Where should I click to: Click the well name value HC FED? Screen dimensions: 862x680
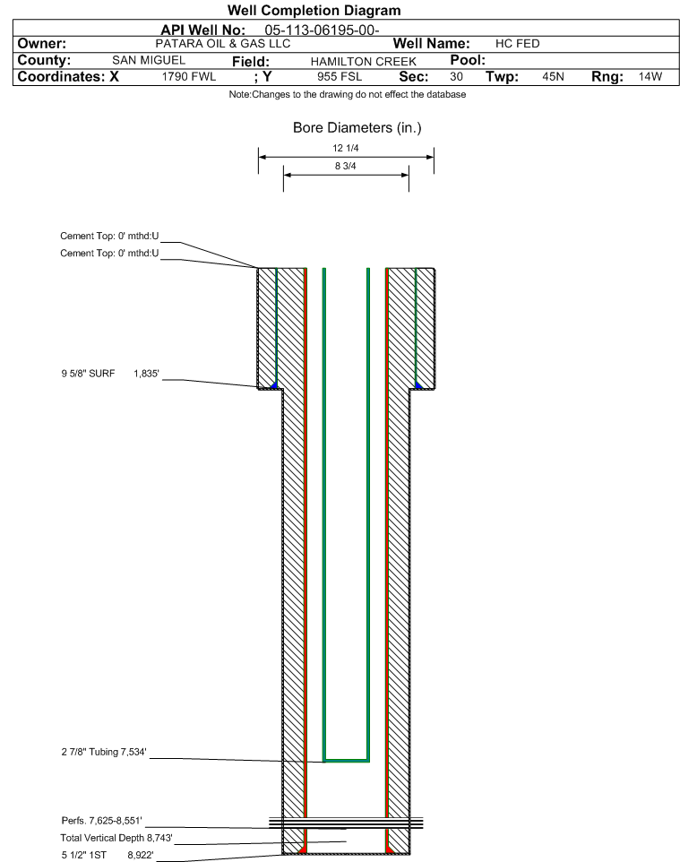517,44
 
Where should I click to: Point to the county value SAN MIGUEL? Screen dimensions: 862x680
148,61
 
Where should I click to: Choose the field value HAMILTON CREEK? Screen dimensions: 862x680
363,61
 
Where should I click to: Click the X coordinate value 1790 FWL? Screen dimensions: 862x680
189,77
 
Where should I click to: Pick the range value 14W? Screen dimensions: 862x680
650,77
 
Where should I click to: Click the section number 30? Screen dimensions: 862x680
456,77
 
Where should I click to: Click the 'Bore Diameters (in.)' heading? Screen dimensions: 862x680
357,128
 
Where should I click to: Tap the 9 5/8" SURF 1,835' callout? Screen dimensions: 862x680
110,373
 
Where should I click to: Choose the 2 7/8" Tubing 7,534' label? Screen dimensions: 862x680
98,752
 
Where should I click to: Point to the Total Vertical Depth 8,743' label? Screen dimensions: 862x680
110,838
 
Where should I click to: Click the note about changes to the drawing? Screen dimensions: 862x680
348,95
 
